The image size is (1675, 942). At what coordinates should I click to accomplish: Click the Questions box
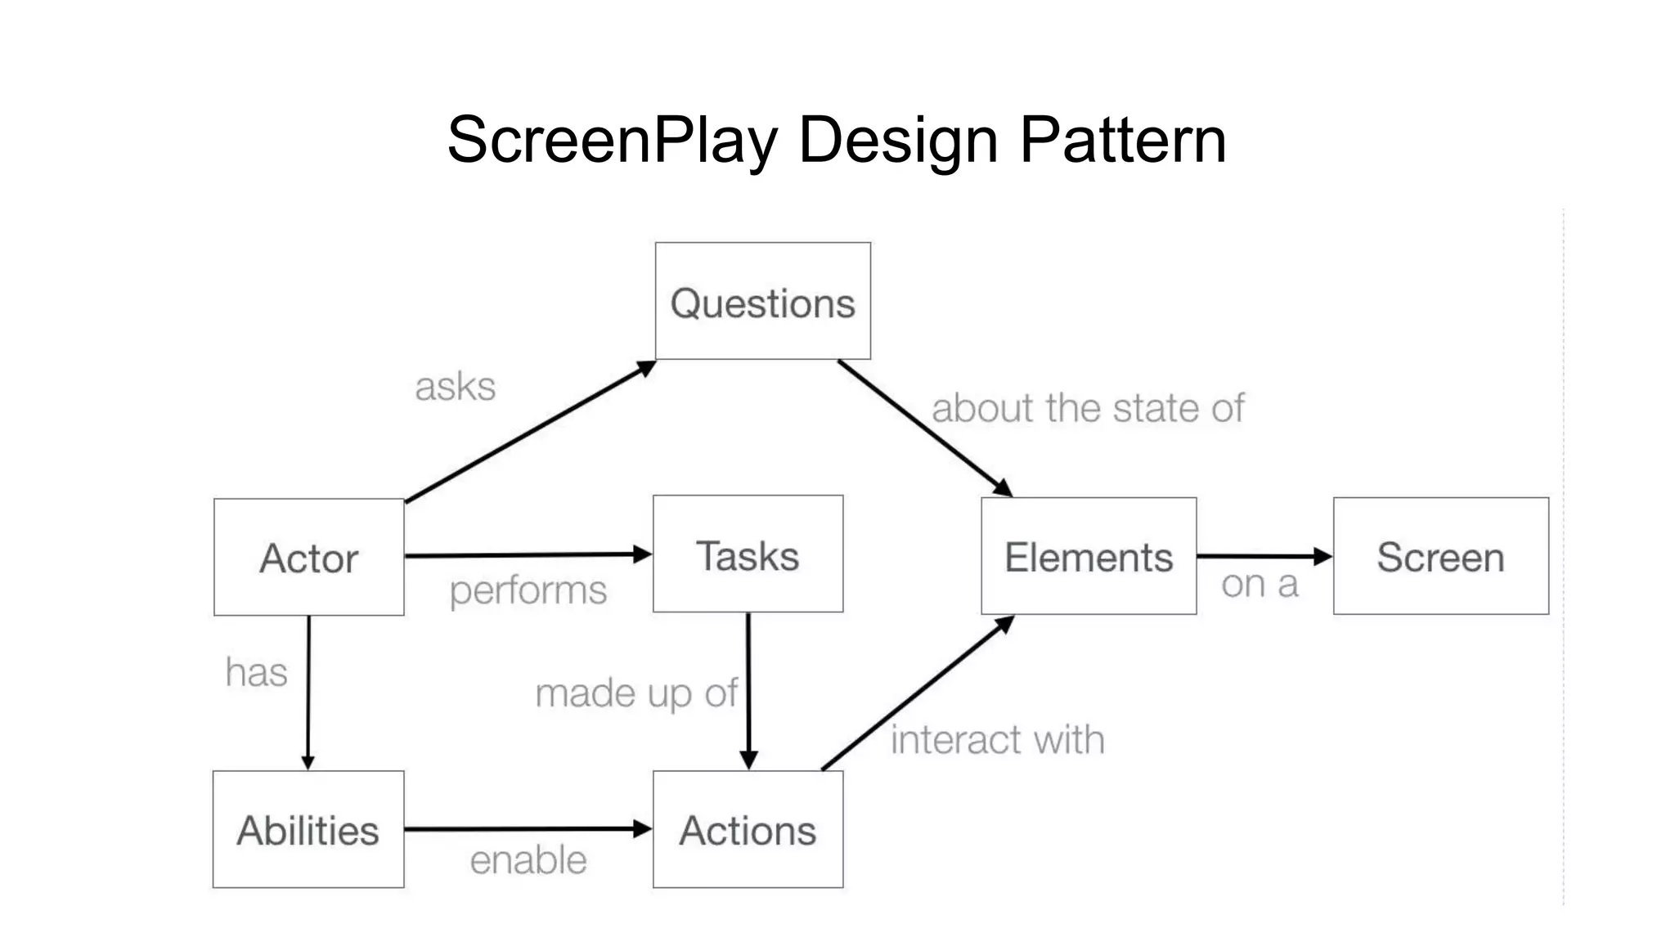(x=762, y=301)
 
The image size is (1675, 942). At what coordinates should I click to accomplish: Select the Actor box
(x=308, y=558)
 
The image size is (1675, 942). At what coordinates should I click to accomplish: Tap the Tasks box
(x=748, y=554)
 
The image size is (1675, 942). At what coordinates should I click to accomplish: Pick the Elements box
(x=1089, y=556)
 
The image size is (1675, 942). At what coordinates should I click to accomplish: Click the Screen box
(x=1440, y=556)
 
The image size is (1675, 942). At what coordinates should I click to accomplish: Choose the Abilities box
(x=308, y=829)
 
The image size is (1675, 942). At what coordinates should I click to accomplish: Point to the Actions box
(x=748, y=829)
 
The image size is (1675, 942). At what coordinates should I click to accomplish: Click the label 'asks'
(x=455, y=387)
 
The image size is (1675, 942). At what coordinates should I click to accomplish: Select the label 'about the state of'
(x=1087, y=408)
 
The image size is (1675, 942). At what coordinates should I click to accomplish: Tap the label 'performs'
(x=528, y=590)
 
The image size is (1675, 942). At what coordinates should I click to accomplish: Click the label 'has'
(x=256, y=672)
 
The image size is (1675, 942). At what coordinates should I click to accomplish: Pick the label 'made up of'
(x=635, y=693)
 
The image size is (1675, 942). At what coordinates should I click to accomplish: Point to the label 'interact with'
(x=997, y=740)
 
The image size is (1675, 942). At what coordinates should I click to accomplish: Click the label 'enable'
(x=528, y=860)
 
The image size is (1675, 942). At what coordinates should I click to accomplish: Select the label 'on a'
(x=1260, y=585)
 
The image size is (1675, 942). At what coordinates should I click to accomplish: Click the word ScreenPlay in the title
(x=611, y=140)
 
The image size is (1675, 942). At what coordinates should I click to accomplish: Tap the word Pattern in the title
(x=1122, y=140)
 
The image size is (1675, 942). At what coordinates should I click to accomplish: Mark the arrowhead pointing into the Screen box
(x=1322, y=557)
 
